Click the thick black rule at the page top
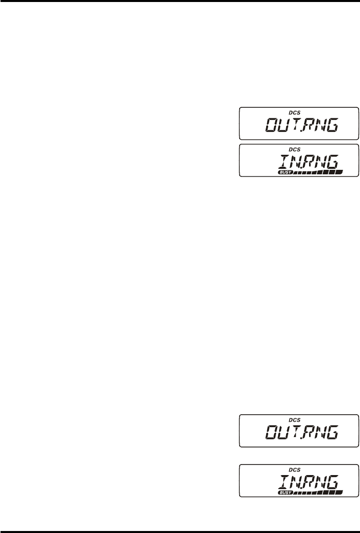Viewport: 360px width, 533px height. coord(180,1)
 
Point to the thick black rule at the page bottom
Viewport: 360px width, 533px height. coord(180,531)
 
